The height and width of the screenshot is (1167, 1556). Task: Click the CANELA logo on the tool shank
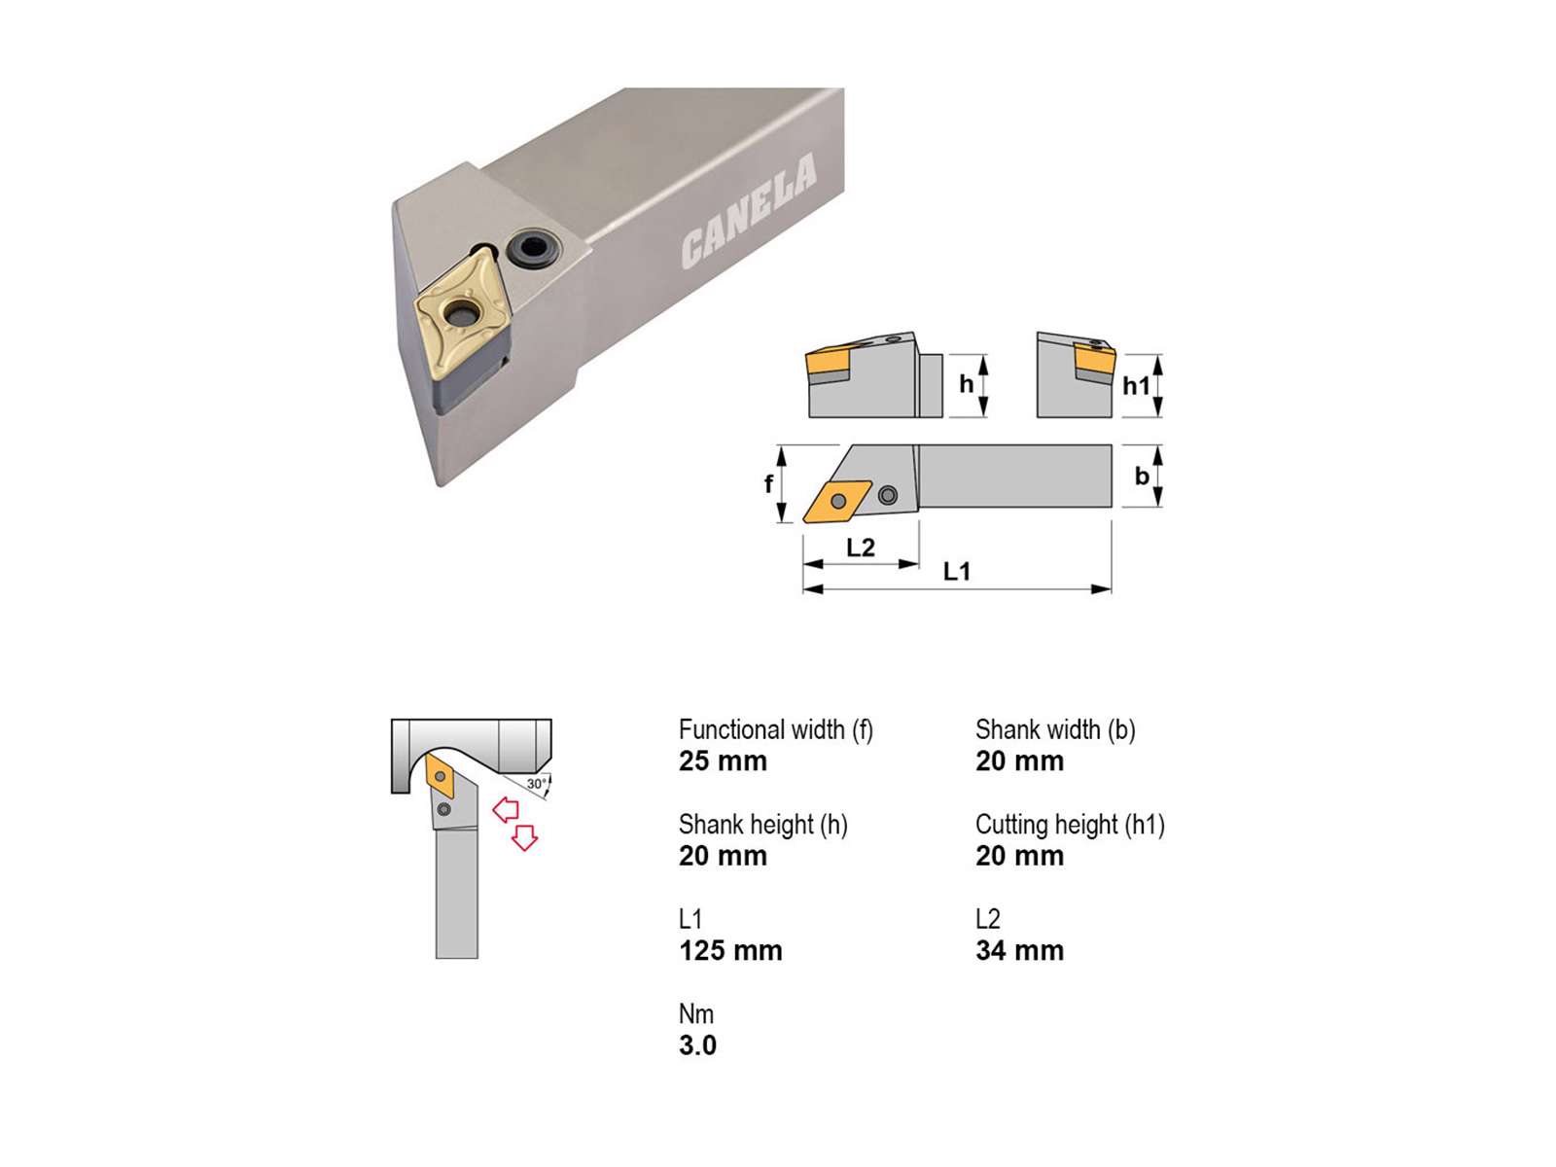(x=749, y=211)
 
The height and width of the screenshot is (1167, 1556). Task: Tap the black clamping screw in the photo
(x=531, y=248)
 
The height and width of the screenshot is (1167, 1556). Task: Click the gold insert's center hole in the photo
(x=461, y=312)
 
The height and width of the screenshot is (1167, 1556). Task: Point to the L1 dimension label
(x=956, y=571)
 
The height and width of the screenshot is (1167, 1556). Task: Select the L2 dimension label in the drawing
(x=861, y=547)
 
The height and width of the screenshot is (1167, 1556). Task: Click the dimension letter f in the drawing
(x=768, y=483)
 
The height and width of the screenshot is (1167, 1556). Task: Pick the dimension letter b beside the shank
(x=1142, y=476)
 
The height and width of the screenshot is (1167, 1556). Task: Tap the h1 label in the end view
(x=1136, y=385)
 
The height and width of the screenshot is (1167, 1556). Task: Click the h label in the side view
(x=967, y=384)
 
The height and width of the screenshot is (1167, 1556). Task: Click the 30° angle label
(x=536, y=784)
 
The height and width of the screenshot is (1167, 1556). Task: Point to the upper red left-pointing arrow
(x=506, y=809)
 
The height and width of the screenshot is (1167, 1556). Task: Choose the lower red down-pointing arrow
(x=524, y=837)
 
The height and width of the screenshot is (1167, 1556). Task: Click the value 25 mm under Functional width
(x=723, y=761)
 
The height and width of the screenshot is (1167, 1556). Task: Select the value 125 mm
(x=730, y=950)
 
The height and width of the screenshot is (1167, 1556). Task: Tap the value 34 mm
(x=1019, y=950)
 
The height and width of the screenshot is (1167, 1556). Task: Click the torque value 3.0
(x=697, y=1045)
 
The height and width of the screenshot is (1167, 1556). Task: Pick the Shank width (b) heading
(x=1055, y=729)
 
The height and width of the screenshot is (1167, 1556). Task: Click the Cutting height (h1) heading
(x=1070, y=825)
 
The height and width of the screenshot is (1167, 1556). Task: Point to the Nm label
(x=696, y=1014)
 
